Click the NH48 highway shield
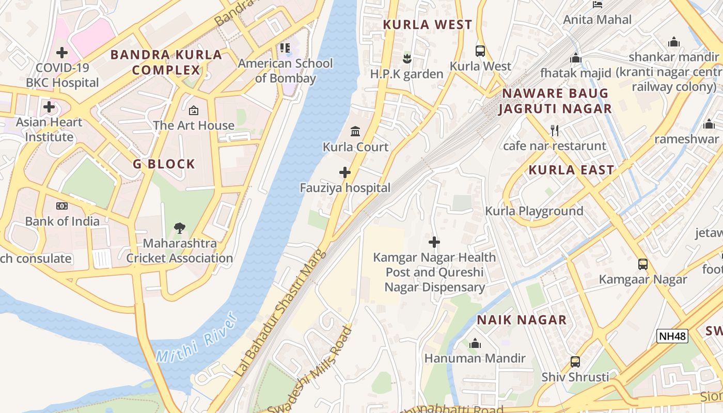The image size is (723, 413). pyautogui.click(x=672, y=337)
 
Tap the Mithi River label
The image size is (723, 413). pyautogui.click(x=196, y=338)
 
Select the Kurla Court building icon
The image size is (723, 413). pyautogui.click(x=355, y=132)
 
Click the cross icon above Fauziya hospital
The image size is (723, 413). pyautogui.click(x=345, y=172)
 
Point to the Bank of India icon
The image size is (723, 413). pyautogui.click(x=62, y=206)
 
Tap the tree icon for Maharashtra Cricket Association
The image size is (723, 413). pyautogui.click(x=180, y=228)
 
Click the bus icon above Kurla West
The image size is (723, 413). pyautogui.click(x=480, y=51)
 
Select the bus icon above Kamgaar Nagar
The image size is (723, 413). pyautogui.click(x=643, y=264)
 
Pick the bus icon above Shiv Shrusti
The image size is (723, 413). pyautogui.click(x=575, y=362)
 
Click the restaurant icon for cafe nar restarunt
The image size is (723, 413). pyautogui.click(x=555, y=131)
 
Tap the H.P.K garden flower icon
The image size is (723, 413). pyautogui.click(x=407, y=59)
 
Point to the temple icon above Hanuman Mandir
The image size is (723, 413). pyautogui.click(x=475, y=343)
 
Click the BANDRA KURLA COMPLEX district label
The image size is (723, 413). pyautogui.click(x=166, y=62)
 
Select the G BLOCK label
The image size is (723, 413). pyautogui.click(x=164, y=164)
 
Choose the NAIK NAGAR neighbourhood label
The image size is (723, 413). pyautogui.click(x=522, y=320)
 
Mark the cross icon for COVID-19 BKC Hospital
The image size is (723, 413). pyautogui.click(x=62, y=52)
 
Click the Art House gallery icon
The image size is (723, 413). pyautogui.click(x=193, y=110)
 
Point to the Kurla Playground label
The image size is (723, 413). pyautogui.click(x=534, y=211)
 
